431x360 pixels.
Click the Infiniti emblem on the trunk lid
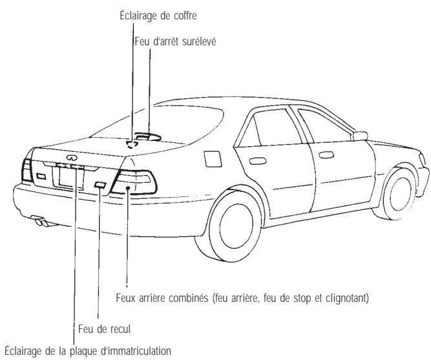click(x=67, y=154)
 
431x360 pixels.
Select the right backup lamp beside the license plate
click(x=100, y=185)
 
